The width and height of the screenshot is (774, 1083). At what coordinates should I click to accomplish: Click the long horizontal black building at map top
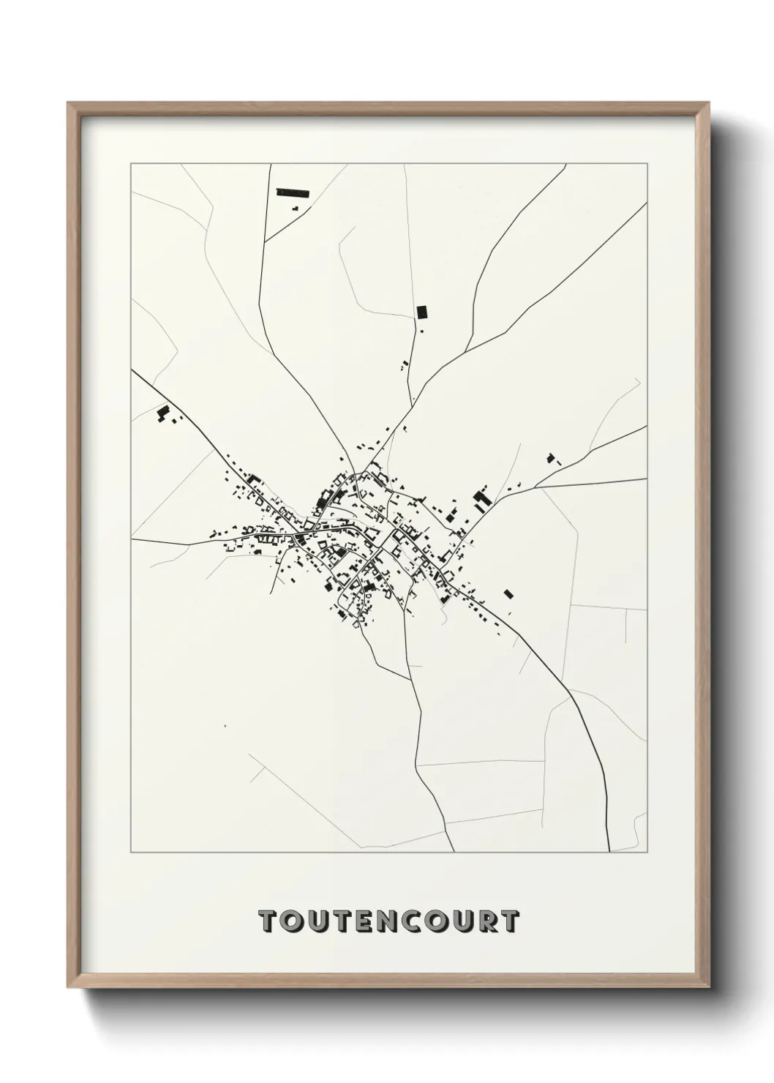pyautogui.click(x=293, y=193)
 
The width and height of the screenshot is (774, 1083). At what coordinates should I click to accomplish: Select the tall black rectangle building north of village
pyautogui.click(x=421, y=312)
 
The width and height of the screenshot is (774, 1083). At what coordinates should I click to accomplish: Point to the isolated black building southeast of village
pyautogui.click(x=509, y=593)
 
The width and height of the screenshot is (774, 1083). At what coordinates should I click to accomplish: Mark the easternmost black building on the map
pyautogui.click(x=552, y=459)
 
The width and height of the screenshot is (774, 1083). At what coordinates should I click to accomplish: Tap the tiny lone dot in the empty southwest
pyautogui.click(x=225, y=726)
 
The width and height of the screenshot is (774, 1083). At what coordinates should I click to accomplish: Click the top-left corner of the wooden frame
pyautogui.click(x=68, y=103)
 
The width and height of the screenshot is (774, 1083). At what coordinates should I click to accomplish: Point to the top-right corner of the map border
pyautogui.click(x=649, y=164)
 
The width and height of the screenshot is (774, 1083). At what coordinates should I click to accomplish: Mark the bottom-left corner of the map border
pyautogui.click(x=131, y=852)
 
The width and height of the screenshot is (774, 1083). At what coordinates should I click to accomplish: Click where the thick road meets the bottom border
pyautogui.click(x=609, y=852)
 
